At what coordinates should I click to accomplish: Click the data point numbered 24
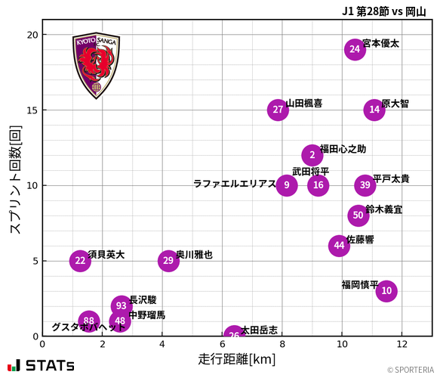click(x=355, y=49)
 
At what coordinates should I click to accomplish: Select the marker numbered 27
click(x=278, y=110)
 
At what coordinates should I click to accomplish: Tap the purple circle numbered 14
click(x=374, y=110)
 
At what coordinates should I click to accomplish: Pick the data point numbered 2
click(x=312, y=155)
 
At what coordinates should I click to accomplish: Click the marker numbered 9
click(x=287, y=185)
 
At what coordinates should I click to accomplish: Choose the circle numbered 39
click(x=365, y=185)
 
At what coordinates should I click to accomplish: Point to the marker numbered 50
click(x=358, y=215)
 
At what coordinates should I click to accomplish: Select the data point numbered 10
click(x=386, y=290)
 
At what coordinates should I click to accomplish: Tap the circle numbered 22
click(x=80, y=261)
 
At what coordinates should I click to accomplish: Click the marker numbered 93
click(x=122, y=305)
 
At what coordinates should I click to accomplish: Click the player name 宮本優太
click(x=380, y=44)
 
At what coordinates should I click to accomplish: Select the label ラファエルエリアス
click(x=234, y=184)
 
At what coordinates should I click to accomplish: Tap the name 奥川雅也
click(x=194, y=256)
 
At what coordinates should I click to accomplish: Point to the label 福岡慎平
click(x=360, y=285)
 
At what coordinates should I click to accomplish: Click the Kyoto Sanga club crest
click(x=96, y=66)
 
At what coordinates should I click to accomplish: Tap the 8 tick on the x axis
click(x=282, y=345)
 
